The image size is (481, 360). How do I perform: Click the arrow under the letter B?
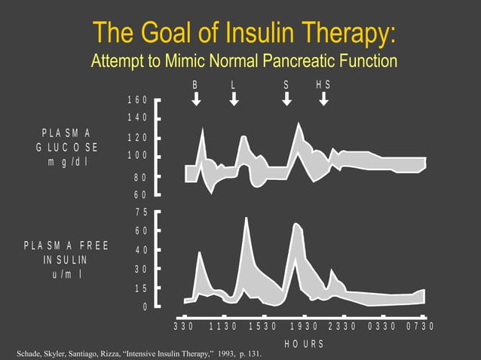click(x=196, y=98)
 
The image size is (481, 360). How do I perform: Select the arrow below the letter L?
click(x=234, y=98)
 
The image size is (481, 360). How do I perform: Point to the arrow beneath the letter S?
click(x=286, y=98)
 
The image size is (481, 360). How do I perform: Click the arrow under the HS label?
click(x=323, y=98)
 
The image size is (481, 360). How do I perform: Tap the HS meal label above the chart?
click(x=323, y=84)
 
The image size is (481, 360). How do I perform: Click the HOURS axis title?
click(x=304, y=344)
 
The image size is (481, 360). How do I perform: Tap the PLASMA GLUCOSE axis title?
click(x=66, y=147)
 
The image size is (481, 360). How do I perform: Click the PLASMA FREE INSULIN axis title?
click(x=66, y=260)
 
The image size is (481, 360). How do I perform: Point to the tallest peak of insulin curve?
click(x=247, y=218)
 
